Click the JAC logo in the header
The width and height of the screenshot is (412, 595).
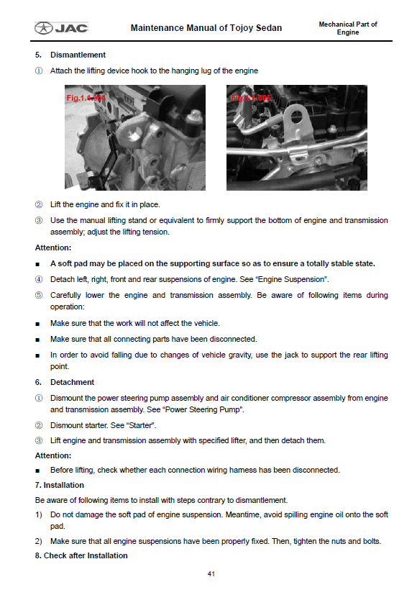click(61, 28)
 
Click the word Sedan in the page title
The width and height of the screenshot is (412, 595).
click(269, 28)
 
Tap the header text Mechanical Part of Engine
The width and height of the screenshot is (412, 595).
click(348, 28)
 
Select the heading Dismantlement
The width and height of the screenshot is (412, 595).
click(78, 55)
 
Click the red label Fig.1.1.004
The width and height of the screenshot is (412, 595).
click(86, 98)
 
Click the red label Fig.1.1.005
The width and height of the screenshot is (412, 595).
click(251, 98)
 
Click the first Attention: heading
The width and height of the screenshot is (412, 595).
click(53, 247)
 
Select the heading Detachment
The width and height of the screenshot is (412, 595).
click(72, 382)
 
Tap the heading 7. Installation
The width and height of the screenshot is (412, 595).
click(60, 485)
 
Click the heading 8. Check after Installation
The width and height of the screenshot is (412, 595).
click(81, 555)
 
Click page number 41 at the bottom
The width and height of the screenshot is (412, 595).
click(211, 574)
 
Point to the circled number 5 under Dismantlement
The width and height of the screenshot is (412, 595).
click(39, 295)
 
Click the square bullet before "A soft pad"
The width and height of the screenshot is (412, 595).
click(37, 264)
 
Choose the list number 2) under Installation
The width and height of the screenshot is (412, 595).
click(38, 541)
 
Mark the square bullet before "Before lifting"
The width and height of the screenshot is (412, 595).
click(37, 471)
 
